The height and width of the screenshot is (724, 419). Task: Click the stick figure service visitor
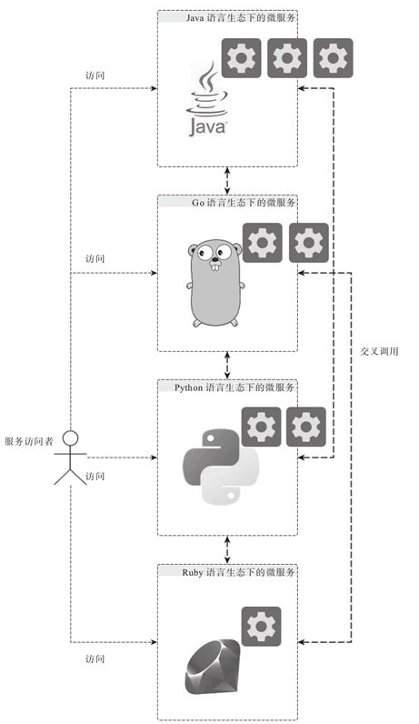click(x=70, y=455)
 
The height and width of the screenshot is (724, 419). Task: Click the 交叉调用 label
click(x=379, y=351)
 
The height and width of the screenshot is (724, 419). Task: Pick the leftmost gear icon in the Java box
click(x=241, y=59)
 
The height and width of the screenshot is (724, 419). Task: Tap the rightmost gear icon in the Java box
click(x=333, y=59)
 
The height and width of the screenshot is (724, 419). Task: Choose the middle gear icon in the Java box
click(x=287, y=59)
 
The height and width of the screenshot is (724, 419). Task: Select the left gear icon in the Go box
click(x=262, y=243)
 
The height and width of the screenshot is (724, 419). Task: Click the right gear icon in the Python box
click(x=306, y=427)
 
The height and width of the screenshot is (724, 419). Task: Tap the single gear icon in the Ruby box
click(x=262, y=628)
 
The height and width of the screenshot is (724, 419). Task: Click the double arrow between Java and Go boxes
click(x=227, y=180)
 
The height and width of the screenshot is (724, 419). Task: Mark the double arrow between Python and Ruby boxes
click(x=227, y=549)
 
